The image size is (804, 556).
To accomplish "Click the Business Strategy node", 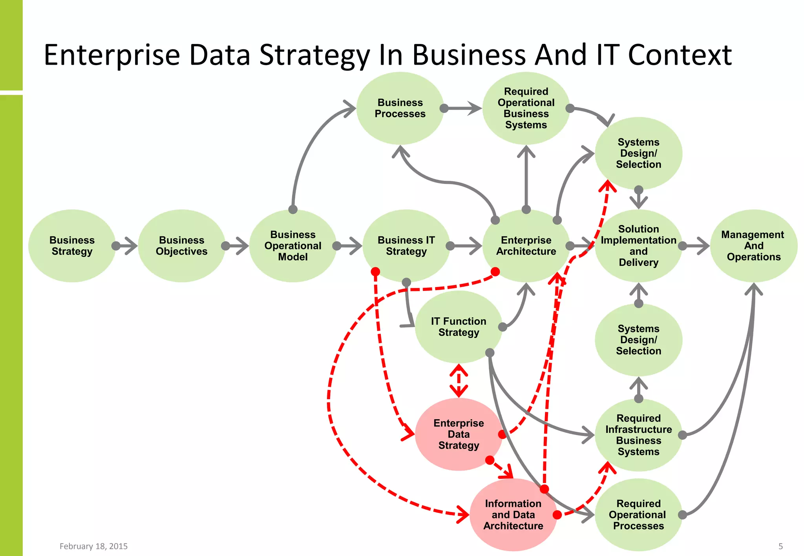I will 72,246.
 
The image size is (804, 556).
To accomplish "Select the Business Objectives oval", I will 181,246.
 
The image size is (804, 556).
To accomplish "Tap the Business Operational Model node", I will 293,246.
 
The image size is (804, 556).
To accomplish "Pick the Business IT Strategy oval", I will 406,246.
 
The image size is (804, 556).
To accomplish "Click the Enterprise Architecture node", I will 526,246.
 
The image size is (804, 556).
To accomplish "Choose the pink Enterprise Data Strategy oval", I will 459,434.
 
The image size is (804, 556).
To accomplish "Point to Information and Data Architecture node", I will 513,514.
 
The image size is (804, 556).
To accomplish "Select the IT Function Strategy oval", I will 459,327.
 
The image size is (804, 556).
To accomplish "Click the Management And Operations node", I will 753,246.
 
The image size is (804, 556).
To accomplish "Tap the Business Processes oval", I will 400,108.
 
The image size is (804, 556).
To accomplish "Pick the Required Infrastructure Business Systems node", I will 638,435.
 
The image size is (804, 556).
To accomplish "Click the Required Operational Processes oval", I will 638,514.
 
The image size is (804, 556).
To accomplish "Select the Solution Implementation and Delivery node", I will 638,246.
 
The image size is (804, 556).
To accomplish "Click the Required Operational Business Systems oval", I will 526,108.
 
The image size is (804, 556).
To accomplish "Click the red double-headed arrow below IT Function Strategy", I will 459,381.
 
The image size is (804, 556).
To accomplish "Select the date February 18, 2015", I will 93,546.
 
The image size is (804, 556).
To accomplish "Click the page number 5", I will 780,546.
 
